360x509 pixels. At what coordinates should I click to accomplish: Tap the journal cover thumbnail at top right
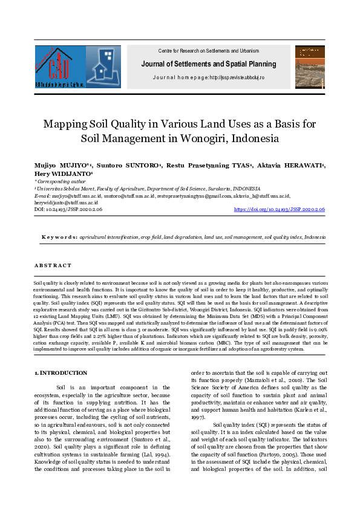coord(310,66)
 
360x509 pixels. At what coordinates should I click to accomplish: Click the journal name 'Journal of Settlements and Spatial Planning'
coord(208,64)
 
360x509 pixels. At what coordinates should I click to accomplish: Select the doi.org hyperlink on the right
coord(280,209)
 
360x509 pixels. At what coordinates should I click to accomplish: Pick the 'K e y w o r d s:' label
coord(59,238)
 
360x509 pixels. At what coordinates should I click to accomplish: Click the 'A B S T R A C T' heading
coord(53,265)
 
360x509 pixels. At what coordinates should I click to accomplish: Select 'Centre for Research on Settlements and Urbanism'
coord(208,51)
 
